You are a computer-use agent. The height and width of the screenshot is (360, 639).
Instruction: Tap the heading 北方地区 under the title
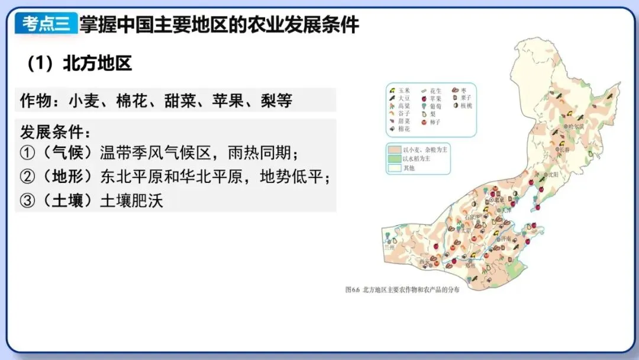pyautogui.click(x=97, y=63)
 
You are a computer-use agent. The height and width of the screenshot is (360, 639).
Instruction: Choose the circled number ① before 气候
pyautogui.click(x=28, y=153)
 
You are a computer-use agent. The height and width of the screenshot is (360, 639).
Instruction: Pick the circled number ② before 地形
pyautogui.click(x=28, y=177)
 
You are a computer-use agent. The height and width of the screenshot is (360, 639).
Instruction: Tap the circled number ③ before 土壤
pyautogui.click(x=28, y=201)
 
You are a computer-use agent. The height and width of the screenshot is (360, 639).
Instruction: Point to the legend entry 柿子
pyautogui.click(x=435, y=121)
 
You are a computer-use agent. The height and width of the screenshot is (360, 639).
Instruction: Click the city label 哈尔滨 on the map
pyautogui.click(x=576, y=127)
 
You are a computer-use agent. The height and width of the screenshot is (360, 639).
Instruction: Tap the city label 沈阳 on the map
pyautogui.click(x=553, y=175)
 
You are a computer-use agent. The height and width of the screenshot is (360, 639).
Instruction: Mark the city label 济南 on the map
pyautogui.click(x=505, y=238)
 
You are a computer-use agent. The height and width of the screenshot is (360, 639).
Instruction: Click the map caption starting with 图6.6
pyautogui.click(x=402, y=290)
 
